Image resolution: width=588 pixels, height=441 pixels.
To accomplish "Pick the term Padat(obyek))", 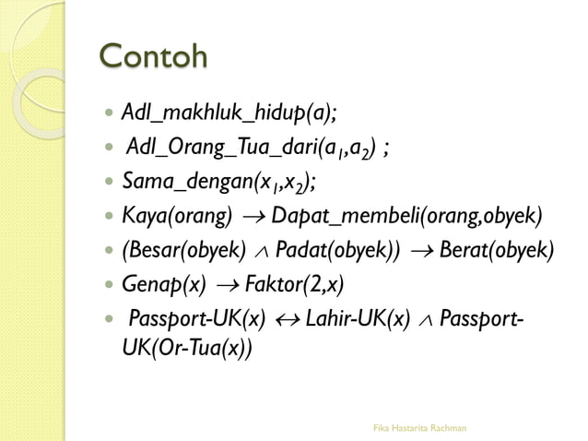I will point(338,250).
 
